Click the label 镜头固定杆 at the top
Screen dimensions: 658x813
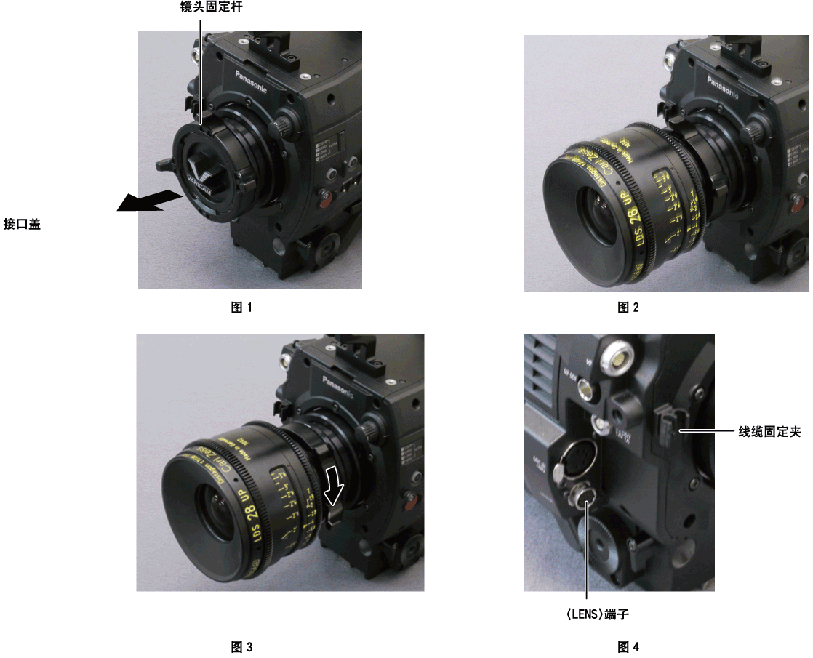click(x=201, y=8)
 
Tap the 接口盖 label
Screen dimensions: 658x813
click(x=22, y=225)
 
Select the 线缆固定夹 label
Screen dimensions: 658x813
click(x=769, y=432)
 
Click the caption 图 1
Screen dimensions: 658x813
click(x=241, y=308)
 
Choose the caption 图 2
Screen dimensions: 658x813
click(x=628, y=308)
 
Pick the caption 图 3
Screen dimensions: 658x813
click(x=241, y=646)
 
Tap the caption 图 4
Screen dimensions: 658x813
click(x=628, y=646)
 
